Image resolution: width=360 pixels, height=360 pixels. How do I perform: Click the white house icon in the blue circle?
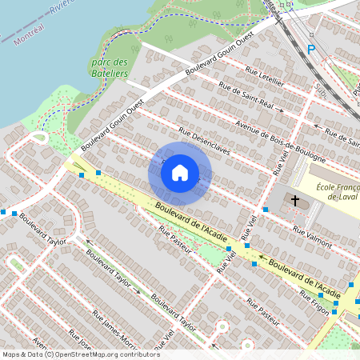[x=180, y=173]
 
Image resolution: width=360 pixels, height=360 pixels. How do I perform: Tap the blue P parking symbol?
[x=311, y=50]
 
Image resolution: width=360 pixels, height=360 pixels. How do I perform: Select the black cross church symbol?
[x=294, y=200]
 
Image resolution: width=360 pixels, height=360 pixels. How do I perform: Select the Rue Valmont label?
[x=312, y=233]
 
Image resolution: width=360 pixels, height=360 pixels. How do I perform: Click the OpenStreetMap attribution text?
[x=104, y=354]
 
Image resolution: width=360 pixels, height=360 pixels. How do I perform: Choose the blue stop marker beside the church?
[x=265, y=209]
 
